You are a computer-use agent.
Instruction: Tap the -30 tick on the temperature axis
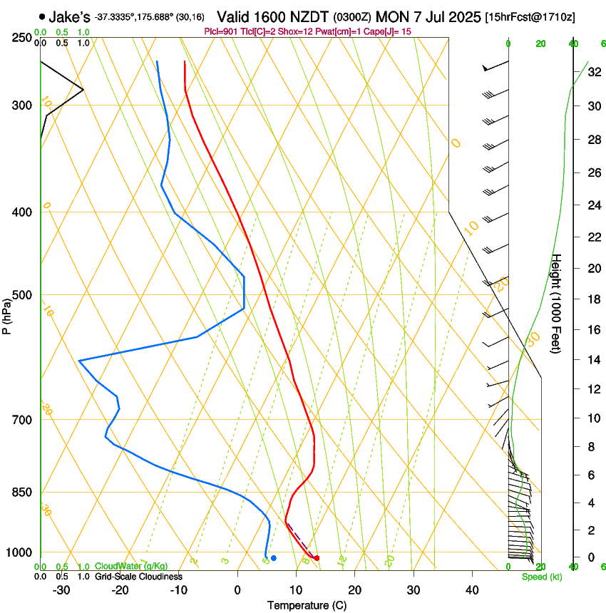click(x=61, y=589)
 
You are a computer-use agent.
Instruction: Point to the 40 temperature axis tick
click(x=471, y=589)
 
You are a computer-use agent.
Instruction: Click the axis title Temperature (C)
click(x=307, y=605)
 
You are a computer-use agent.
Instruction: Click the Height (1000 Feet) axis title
click(x=557, y=304)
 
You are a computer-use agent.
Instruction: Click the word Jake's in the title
click(x=69, y=16)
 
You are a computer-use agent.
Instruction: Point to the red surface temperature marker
click(x=317, y=558)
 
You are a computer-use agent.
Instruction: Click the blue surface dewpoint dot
click(x=274, y=557)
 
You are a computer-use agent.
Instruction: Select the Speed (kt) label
click(x=541, y=577)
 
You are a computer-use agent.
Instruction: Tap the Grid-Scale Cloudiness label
click(x=138, y=576)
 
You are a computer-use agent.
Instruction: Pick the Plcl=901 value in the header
click(x=220, y=31)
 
